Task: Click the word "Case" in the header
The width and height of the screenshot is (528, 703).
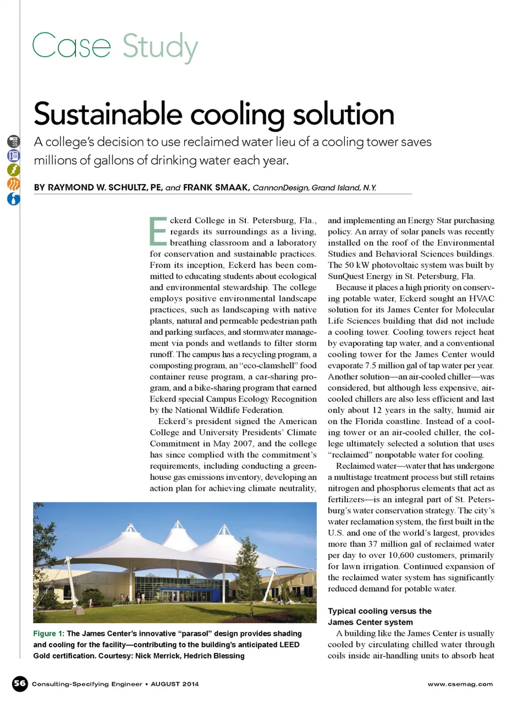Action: tap(71, 46)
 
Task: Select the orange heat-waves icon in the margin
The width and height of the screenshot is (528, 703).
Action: tap(14, 184)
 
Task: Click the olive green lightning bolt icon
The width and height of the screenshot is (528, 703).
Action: tap(14, 169)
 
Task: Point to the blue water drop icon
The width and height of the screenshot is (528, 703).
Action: tap(14, 198)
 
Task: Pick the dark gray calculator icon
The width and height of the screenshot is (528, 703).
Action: tap(14, 141)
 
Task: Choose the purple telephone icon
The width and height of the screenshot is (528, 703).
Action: tap(14, 156)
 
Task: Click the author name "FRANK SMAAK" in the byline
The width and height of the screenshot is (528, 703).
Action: tap(216, 187)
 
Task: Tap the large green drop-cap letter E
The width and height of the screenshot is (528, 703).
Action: tap(158, 231)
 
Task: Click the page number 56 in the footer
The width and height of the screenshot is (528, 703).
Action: tap(20, 683)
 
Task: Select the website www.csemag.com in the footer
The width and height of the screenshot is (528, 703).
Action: tap(460, 684)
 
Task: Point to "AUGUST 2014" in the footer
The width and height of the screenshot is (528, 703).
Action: tap(175, 684)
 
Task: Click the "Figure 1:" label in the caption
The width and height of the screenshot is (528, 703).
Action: tap(48, 634)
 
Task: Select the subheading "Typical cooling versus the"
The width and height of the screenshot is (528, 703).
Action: tap(380, 611)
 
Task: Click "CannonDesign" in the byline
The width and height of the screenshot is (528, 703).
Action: tap(280, 188)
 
